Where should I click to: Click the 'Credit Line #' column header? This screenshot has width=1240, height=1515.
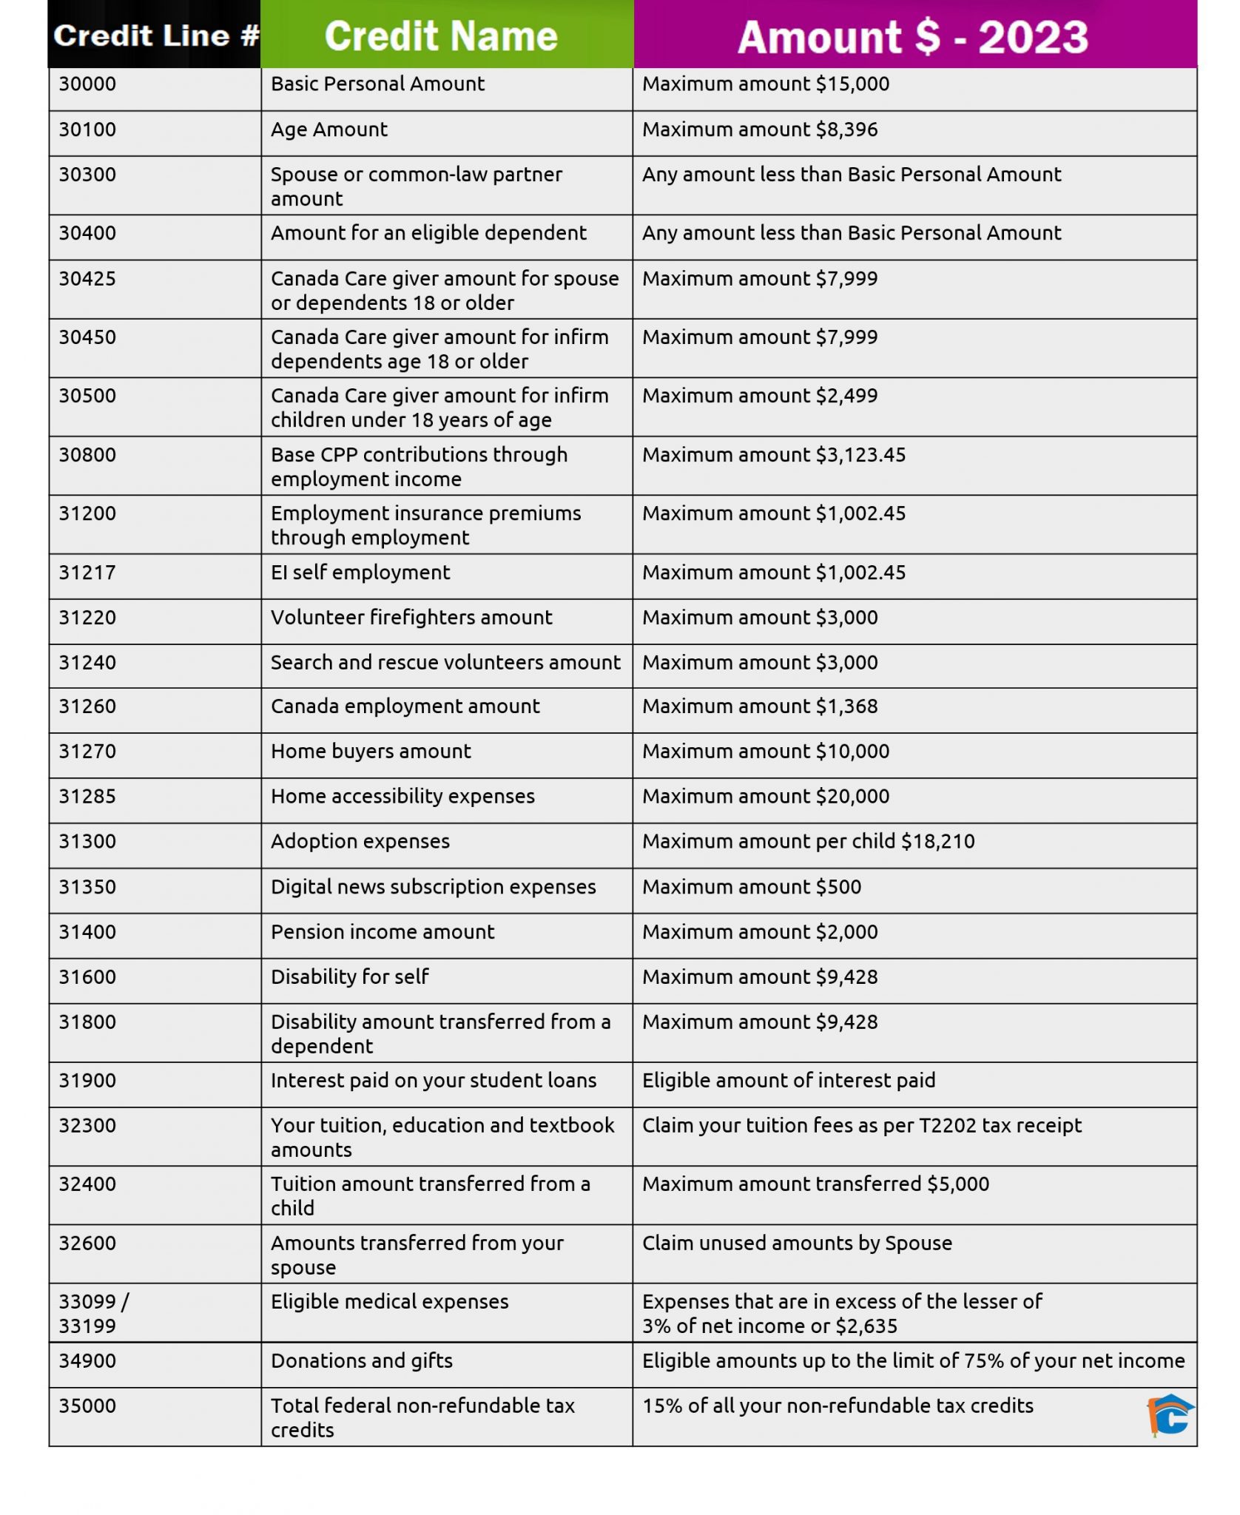[x=155, y=36]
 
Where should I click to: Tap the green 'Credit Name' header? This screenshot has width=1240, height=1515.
[x=441, y=36]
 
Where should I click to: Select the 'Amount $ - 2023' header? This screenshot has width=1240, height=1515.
[x=913, y=37]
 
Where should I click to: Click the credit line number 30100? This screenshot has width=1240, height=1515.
[x=87, y=129]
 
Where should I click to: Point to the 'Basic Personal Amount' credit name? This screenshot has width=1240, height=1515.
[x=377, y=84]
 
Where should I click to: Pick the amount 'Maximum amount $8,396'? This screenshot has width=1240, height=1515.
[x=760, y=129]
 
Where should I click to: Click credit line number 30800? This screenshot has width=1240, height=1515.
[x=87, y=454]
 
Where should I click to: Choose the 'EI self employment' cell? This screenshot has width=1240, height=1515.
[x=360, y=572]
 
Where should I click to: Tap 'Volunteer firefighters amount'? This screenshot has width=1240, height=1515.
[x=411, y=617]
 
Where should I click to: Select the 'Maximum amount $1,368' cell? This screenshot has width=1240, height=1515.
[x=760, y=706]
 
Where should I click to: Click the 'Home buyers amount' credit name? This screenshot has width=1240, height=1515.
[x=371, y=751]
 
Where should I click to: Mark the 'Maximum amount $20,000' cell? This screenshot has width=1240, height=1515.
[x=766, y=796]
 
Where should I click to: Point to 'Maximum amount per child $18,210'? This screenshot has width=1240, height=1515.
[x=808, y=841]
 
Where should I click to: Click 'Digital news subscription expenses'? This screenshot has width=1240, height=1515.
[x=433, y=886]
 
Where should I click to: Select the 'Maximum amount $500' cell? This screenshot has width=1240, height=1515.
[x=752, y=886]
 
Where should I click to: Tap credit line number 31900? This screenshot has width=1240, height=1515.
[x=87, y=1080]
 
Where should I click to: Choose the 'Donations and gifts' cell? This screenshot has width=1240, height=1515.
[x=361, y=1360]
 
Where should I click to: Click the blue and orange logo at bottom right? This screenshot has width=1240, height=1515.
[x=1170, y=1415]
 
